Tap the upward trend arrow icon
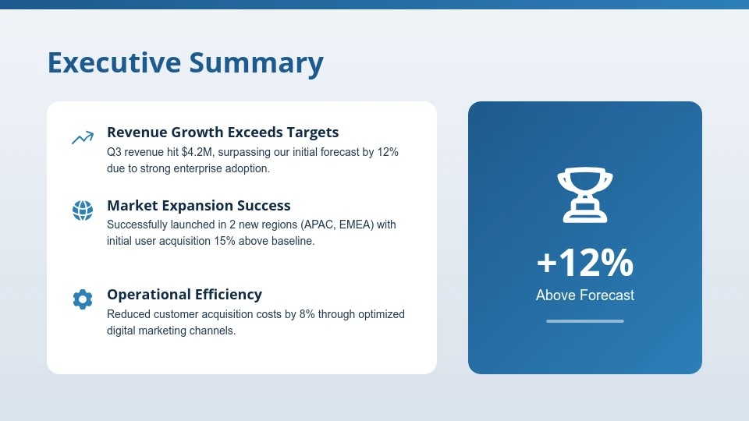(83, 138)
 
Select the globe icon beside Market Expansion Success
(83, 210)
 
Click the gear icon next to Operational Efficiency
(83, 299)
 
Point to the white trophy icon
(585, 196)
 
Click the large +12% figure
(585, 263)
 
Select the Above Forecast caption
(585, 295)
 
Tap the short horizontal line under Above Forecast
(585, 320)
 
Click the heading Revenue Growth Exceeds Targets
(222, 133)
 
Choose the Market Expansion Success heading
(198, 206)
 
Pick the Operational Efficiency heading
(184, 295)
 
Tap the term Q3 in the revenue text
(115, 152)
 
